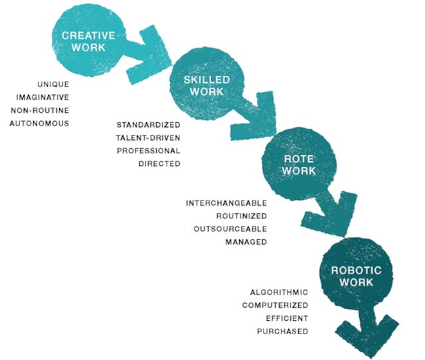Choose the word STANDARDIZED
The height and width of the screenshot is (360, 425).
pos(148,124)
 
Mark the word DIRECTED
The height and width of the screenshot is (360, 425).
pos(159,163)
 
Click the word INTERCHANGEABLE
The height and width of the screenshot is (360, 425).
pos(226,203)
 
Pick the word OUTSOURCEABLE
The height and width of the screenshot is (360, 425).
pos(230,228)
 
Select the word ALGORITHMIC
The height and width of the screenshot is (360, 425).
pos(279,292)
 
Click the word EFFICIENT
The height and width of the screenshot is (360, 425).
pos(286,318)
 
